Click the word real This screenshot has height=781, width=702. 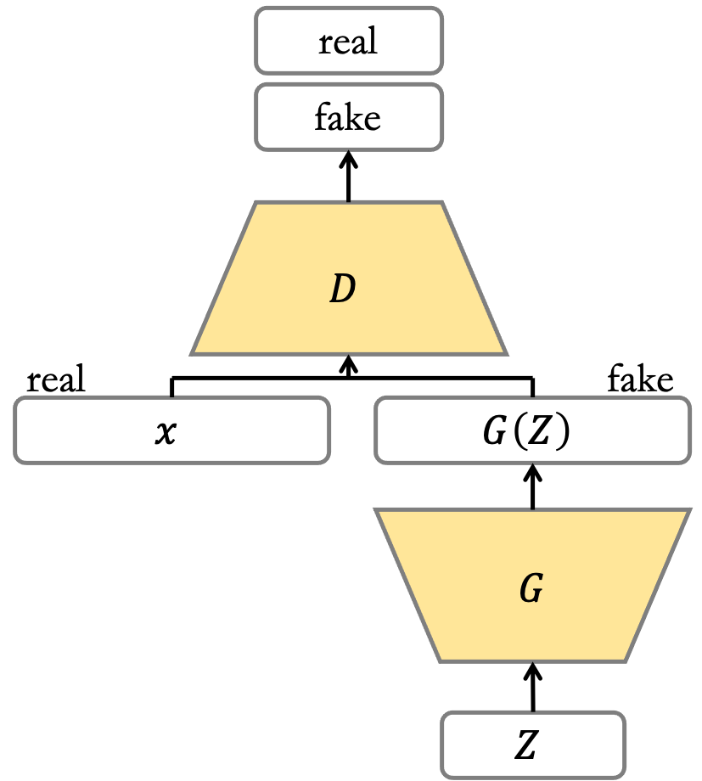(x=348, y=41)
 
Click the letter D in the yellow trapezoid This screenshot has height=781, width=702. (x=342, y=290)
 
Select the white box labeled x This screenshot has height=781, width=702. (x=171, y=430)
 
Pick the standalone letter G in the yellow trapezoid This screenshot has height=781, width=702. (x=531, y=588)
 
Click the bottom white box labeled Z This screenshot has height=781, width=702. (x=533, y=744)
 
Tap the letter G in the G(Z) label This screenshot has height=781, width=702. (x=494, y=432)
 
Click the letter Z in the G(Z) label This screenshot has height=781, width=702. (x=537, y=432)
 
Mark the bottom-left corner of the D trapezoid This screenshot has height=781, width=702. (x=192, y=353)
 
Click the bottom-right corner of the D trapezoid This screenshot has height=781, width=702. (x=506, y=353)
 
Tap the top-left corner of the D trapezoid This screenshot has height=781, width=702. (x=256, y=203)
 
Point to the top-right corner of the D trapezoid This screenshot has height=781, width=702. (x=442, y=203)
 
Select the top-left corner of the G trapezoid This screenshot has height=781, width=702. (x=376, y=510)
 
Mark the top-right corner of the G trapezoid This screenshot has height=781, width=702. (x=688, y=510)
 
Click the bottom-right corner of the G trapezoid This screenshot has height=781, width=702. (x=626, y=660)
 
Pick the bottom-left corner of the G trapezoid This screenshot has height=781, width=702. (x=440, y=660)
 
